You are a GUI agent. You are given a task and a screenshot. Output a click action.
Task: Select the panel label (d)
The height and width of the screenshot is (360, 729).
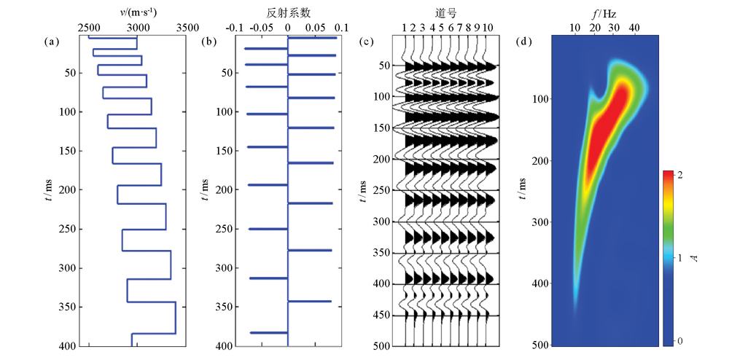(523, 42)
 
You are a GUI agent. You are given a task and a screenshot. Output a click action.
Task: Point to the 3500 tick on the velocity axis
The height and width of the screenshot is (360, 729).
(187, 27)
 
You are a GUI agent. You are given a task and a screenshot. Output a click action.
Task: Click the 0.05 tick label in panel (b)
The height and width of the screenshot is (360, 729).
(315, 27)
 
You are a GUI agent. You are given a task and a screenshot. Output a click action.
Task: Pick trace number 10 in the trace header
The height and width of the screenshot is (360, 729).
(488, 27)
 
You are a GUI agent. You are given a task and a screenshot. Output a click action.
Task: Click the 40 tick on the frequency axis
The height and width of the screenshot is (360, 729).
(634, 27)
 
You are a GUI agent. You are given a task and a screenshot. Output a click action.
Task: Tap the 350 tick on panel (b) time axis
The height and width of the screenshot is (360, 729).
(224, 307)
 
